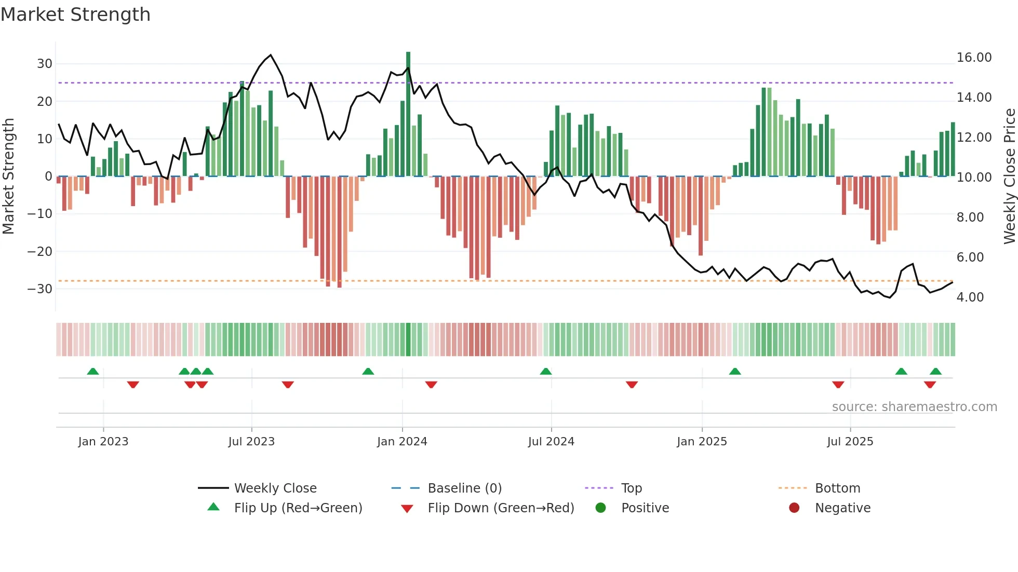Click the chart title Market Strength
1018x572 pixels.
click(75, 15)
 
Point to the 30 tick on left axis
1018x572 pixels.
click(45, 64)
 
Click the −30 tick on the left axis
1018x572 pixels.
click(41, 289)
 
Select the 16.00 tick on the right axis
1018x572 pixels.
click(974, 58)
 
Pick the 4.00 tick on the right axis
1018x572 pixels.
click(970, 297)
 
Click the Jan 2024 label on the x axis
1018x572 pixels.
click(402, 442)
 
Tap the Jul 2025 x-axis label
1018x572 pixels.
click(850, 442)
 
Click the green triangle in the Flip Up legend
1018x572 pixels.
click(213, 507)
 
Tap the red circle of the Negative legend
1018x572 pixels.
click(794, 508)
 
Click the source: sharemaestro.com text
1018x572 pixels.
click(914, 407)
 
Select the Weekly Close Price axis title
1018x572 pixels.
click(1009, 176)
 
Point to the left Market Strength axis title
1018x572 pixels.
click(9, 176)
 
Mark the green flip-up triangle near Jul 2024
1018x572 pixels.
click(546, 372)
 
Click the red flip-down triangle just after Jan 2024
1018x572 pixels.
click(431, 384)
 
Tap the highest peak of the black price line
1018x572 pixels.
click(271, 55)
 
